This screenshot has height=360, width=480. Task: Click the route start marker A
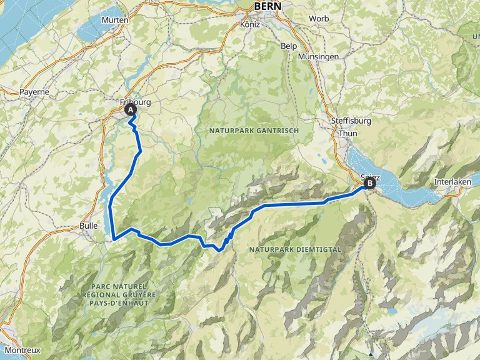(x=131, y=110)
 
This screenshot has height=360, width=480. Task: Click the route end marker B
(x=369, y=184)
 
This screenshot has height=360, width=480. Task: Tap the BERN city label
(x=268, y=6)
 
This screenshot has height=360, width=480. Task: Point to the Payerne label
(x=34, y=91)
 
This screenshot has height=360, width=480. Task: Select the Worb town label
(x=318, y=19)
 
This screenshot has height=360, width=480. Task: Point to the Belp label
(x=289, y=46)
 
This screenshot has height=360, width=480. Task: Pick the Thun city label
(x=347, y=134)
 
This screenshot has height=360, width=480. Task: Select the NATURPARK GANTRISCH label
(x=255, y=130)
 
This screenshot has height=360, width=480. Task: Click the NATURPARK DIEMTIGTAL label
(x=295, y=249)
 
